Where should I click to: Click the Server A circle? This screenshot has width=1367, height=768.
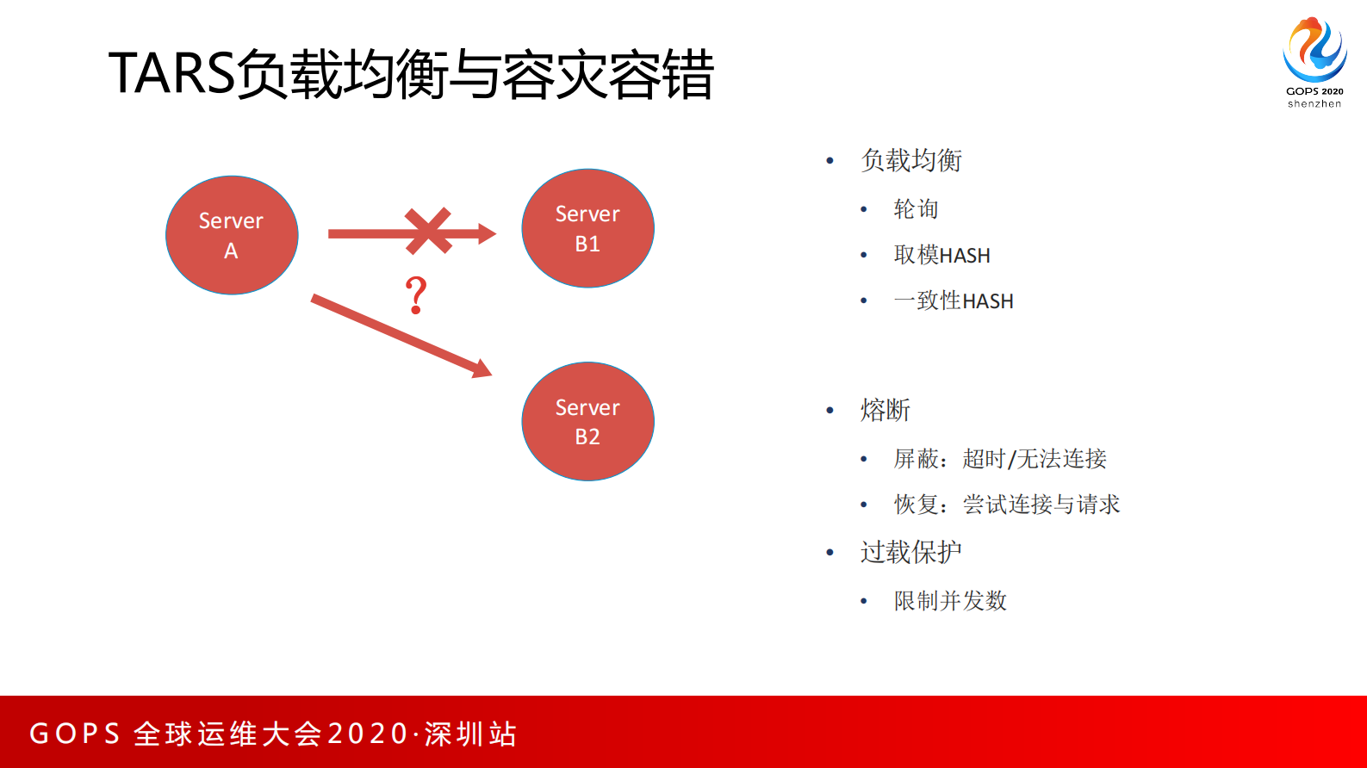[232, 235]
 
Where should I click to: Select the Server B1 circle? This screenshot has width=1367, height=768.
[587, 228]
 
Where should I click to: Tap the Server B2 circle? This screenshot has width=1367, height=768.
[587, 421]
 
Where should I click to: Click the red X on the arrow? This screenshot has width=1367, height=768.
[428, 231]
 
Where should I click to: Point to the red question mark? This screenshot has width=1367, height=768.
[416, 294]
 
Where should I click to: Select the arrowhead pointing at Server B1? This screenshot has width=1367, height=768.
[487, 233]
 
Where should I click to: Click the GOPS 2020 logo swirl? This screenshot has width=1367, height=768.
[1314, 49]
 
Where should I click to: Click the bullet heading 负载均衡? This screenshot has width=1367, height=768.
[911, 160]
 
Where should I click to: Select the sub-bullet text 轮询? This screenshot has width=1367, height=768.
[916, 209]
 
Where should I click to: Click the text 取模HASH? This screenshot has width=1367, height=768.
[941, 255]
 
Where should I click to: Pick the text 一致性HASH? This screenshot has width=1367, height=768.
[954, 300]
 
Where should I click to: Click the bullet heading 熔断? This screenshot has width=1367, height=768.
[885, 410]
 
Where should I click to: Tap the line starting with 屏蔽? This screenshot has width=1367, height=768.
[1000, 459]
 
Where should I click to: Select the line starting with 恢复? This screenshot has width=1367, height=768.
[1007, 505]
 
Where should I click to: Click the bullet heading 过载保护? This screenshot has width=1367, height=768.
[910, 552]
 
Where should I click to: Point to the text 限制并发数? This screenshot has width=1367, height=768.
[950, 601]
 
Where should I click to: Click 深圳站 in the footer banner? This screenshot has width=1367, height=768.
[470, 734]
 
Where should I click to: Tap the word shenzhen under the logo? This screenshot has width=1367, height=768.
[1314, 104]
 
